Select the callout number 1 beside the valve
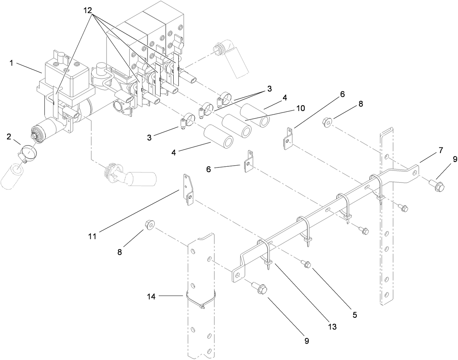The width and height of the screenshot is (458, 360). [x=11, y=63]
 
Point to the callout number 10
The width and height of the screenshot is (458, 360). [x=301, y=108]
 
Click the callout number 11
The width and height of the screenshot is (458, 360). [x=92, y=236]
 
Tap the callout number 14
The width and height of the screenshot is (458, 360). [x=151, y=297]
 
